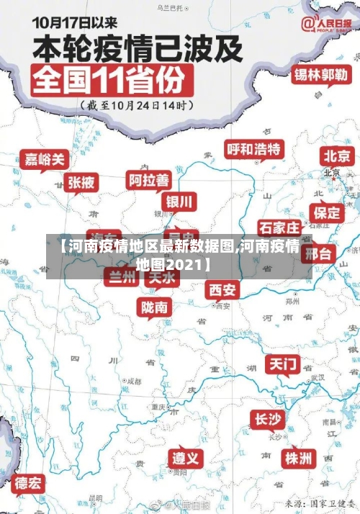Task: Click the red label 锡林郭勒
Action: [x=320, y=75]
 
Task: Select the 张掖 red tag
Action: [x=81, y=183]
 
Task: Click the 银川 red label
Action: [x=180, y=201]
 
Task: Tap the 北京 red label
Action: [x=337, y=155]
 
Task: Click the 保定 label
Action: [x=327, y=212]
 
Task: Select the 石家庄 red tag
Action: [x=279, y=227]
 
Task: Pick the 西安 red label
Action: [x=222, y=289]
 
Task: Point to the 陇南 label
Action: [x=155, y=307]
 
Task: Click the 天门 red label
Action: [x=283, y=364]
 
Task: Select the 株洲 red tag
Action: [x=297, y=458]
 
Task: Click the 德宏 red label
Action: [x=29, y=482]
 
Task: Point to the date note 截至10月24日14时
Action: [x=137, y=106]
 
